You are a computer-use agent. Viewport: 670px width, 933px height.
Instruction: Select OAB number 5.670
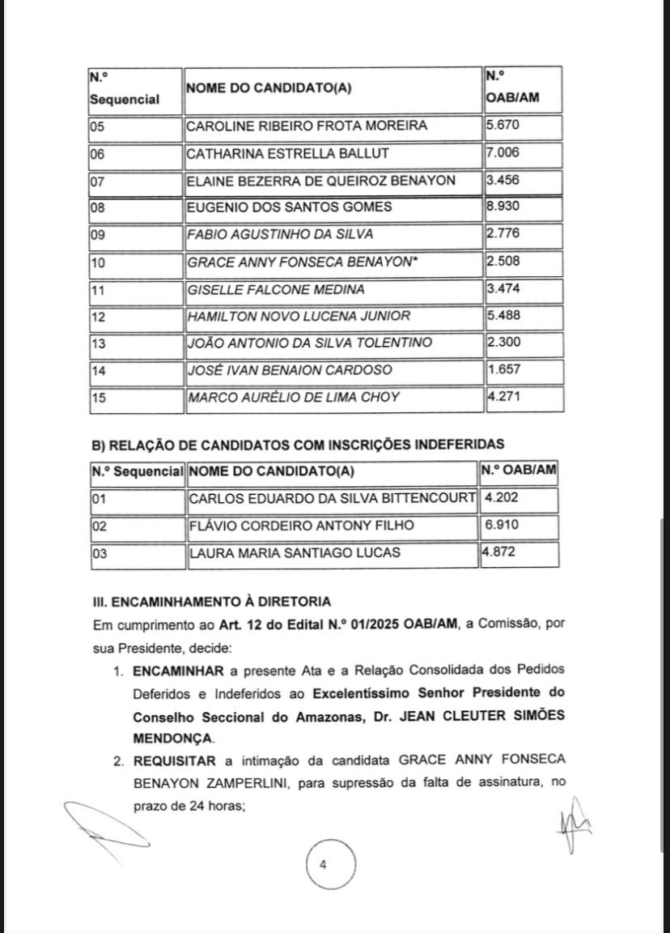(502, 126)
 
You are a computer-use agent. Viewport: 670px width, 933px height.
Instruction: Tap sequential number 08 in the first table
(97, 207)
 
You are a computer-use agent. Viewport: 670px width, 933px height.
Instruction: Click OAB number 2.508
(502, 262)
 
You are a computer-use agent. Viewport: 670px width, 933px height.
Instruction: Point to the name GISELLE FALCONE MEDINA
(275, 289)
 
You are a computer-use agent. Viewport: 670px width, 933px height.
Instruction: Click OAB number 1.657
(502, 370)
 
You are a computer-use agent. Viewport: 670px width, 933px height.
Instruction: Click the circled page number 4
(324, 865)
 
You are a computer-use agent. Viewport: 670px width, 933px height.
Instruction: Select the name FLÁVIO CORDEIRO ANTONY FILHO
(301, 526)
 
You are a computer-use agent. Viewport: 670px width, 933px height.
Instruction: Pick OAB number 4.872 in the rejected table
(500, 552)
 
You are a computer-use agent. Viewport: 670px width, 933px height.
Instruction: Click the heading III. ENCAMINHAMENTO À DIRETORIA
(211, 602)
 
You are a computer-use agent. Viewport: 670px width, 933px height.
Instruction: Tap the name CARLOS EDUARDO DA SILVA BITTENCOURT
(332, 498)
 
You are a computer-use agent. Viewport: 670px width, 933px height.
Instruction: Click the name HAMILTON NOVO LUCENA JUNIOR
(298, 316)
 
